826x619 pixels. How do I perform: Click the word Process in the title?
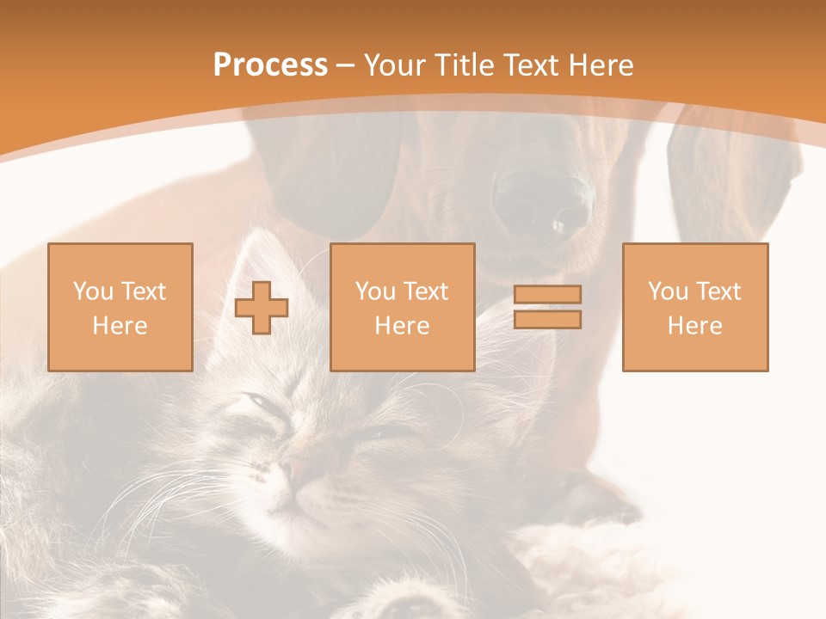pos(270,65)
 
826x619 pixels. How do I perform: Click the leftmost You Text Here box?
pos(120,307)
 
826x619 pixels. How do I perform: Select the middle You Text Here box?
pos(402,307)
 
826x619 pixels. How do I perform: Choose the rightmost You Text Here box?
pos(694,307)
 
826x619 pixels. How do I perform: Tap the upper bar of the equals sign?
pos(547,294)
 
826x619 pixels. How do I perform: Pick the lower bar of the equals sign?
pos(547,320)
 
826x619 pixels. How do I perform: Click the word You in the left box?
pos(93,291)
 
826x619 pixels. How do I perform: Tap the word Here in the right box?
pos(694,326)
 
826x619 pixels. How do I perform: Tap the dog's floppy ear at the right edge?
pos(731,172)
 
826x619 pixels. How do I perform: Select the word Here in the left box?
pos(120,326)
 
